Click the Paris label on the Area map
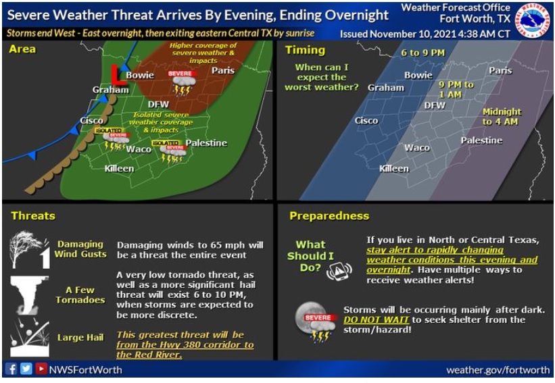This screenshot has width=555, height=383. pos(222,70)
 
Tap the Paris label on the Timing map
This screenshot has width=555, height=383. pos(500,70)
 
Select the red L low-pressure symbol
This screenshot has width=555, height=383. pos(116,74)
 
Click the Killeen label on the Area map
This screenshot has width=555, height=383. pos(119,168)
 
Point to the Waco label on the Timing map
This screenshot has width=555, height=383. pos(417,147)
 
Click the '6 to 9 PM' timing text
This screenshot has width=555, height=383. pos(423,53)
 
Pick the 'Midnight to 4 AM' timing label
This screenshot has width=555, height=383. pos(502,116)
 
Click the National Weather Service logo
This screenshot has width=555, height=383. pos(533,20)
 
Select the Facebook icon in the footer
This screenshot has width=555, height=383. pos(11,369)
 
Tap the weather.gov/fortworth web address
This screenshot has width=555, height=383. pos(498,369)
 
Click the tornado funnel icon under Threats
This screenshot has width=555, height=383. pos(30,295)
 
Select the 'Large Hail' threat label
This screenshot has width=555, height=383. pos(80,337)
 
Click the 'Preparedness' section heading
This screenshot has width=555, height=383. pos(329,216)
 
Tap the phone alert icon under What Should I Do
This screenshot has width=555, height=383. pos(339,272)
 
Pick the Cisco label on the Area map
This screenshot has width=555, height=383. pos(91,120)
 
